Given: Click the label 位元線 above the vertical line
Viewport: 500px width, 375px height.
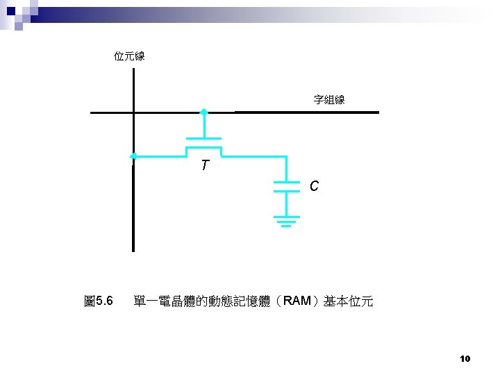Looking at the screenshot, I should tap(129, 56).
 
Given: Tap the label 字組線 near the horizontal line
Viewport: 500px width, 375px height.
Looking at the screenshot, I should tap(329, 100).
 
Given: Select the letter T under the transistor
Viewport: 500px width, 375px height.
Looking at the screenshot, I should tap(204, 166).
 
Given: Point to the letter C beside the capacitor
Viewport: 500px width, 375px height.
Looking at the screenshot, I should tap(314, 187).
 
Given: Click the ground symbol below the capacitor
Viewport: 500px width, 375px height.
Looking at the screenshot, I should tap(286, 220).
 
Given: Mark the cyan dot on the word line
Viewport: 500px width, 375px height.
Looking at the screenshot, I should tap(203, 112).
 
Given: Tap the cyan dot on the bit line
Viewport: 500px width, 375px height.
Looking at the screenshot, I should tap(133, 156).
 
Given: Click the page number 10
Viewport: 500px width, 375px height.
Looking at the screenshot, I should tap(465, 358).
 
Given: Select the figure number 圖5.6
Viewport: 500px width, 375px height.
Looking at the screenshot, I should tap(98, 301).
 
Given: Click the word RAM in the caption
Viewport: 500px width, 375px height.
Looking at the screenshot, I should tap(298, 301).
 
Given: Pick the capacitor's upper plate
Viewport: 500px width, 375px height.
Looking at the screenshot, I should tap(286, 182).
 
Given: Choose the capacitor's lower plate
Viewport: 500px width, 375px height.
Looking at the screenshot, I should tap(286, 192).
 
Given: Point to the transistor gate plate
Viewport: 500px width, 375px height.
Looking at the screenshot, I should tap(203, 138).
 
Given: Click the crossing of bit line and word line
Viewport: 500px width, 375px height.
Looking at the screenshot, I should tap(133, 112).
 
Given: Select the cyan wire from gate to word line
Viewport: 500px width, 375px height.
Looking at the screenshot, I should tap(203, 126).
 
